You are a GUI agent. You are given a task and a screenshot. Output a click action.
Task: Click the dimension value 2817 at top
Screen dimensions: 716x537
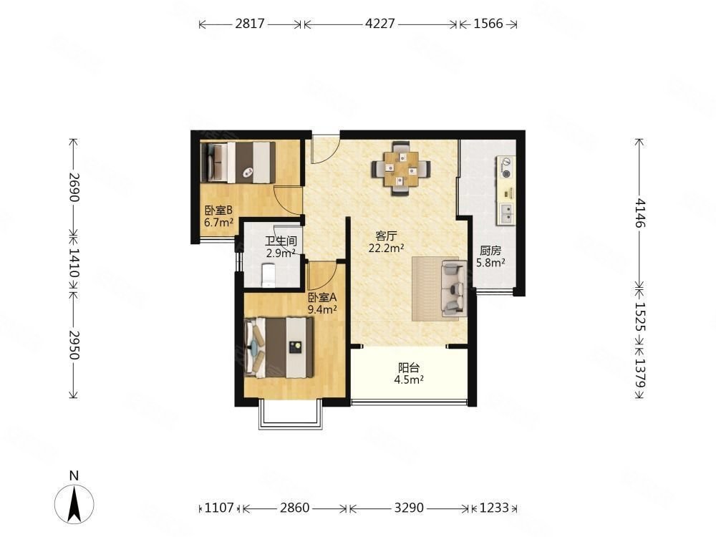click(x=250, y=24)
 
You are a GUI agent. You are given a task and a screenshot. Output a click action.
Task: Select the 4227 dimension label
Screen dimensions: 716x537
click(x=380, y=24)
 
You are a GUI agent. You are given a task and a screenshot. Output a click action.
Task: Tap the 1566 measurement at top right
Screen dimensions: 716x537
click(x=488, y=24)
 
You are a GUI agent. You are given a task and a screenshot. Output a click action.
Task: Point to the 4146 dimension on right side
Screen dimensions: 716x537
click(x=639, y=213)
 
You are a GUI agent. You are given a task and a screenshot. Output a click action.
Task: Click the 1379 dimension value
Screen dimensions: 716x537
click(x=639, y=372)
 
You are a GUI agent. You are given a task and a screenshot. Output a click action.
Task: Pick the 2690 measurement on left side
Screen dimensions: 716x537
click(x=74, y=187)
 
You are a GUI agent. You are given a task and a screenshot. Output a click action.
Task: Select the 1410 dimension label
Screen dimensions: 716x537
click(x=74, y=263)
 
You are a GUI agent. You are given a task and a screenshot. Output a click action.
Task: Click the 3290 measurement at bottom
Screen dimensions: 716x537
click(x=409, y=508)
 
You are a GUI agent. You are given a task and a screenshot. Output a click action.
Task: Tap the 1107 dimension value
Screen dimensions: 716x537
click(x=219, y=508)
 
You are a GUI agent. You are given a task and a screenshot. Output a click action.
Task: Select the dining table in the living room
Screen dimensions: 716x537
click(x=402, y=169)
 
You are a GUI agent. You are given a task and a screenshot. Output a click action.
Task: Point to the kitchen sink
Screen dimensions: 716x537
click(x=506, y=213)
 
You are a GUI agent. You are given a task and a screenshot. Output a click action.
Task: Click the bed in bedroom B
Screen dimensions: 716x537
click(x=238, y=162)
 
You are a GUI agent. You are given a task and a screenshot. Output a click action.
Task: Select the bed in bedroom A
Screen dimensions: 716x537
click(x=279, y=347)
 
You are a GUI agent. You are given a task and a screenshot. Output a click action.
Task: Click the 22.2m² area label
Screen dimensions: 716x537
click(x=387, y=248)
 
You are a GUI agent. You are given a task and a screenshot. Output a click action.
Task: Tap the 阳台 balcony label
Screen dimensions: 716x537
click(x=409, y=367)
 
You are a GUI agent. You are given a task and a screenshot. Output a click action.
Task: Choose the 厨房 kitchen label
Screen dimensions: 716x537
click(x=490, y=251)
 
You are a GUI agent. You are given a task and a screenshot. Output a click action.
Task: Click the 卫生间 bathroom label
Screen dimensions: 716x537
click(x=281, y=241)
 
